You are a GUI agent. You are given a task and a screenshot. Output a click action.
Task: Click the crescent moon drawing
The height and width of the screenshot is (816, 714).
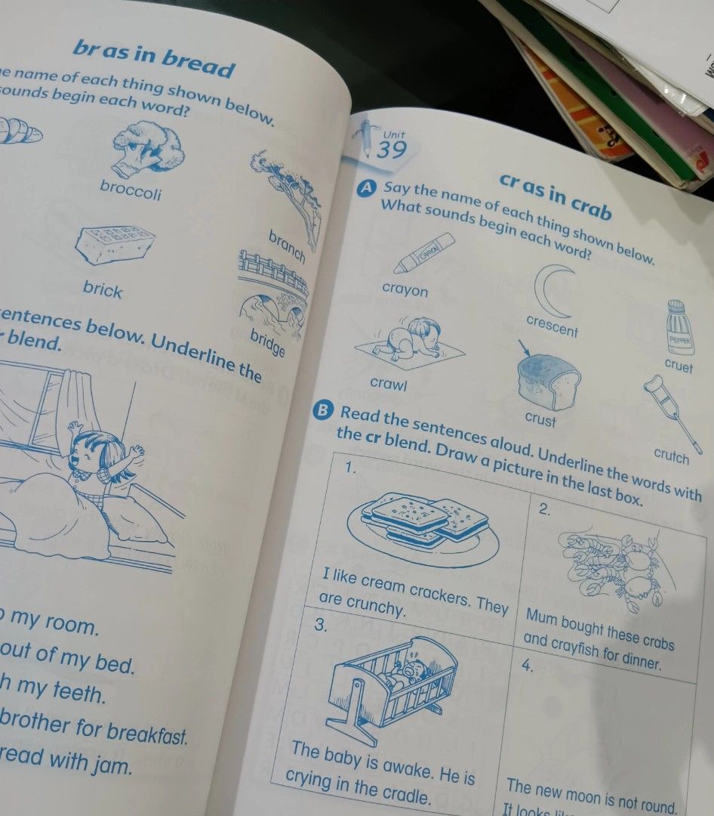pos(554,292)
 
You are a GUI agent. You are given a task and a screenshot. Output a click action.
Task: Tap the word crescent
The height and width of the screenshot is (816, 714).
pos(552,326)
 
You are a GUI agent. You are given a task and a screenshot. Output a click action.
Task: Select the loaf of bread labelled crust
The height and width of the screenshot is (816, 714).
pos(548,380)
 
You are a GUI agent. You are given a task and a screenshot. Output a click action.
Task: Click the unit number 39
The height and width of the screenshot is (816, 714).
pos(392,150)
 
